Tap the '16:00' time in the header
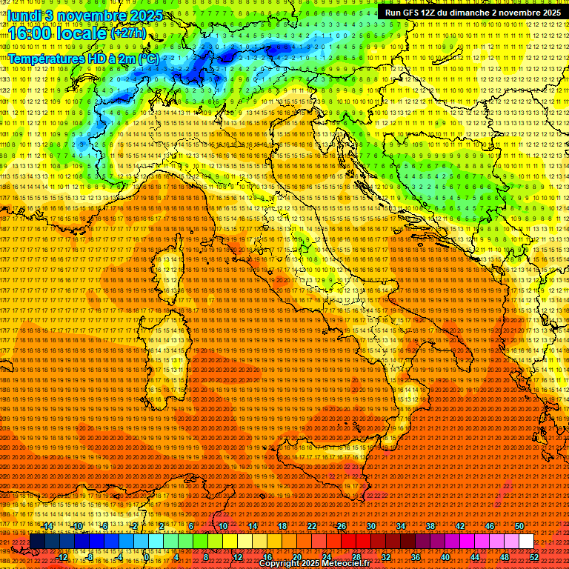coord(30,34)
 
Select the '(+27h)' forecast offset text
coord(128,33)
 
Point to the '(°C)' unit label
coord(148,58)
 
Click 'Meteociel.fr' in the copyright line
coord(346,564)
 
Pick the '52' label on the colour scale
coord(534,557)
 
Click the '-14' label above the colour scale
coord(47,525)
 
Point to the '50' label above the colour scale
coord(519,525)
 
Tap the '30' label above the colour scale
coord(371,525)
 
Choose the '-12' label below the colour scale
coord(62,557)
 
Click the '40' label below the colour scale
coord(445,557)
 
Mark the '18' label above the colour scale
coord(282,525)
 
